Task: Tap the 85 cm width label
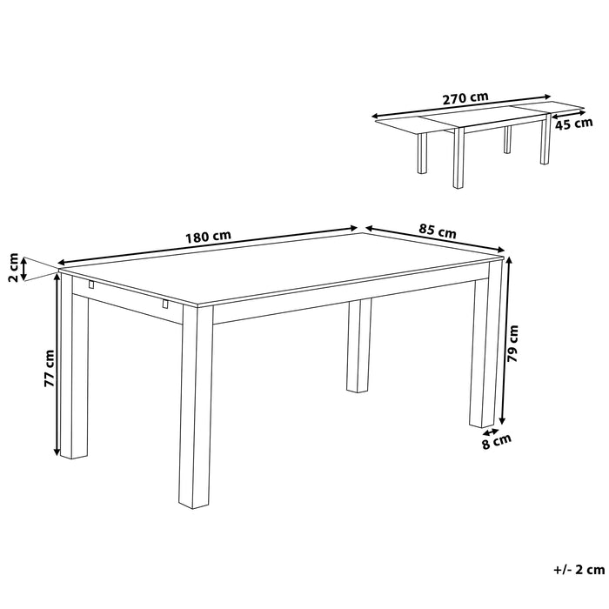click(x=437, y=231)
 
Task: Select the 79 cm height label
click(x=514, y=343)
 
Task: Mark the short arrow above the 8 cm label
click(x=489, y=430)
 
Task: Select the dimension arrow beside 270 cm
click(x=461, y=106)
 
